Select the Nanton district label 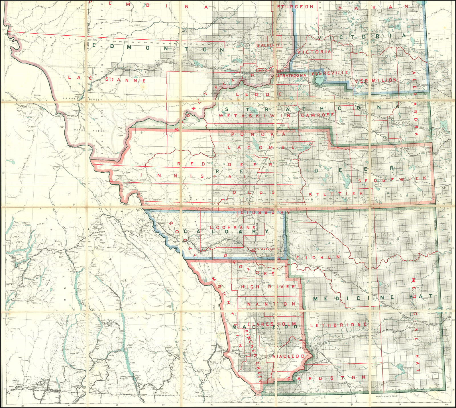click(271, 304)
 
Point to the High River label click(268, 287)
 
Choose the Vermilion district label click(376, 80)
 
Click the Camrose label click(317, 115)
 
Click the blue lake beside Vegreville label click(318, 80)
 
